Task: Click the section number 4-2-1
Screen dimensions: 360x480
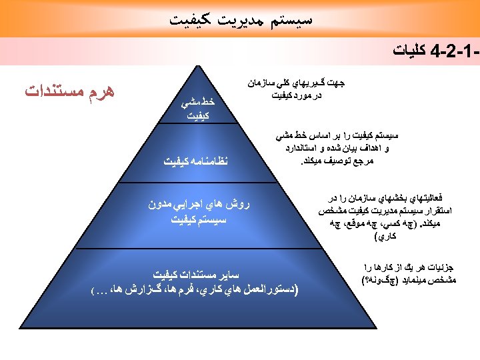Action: click(x=455, y=51)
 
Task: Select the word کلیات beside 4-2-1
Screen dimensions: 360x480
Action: click(x=409, y=51)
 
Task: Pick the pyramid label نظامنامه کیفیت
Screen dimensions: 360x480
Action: click(x=194, y=160)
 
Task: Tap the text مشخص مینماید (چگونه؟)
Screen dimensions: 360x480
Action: click(x=409, y=281)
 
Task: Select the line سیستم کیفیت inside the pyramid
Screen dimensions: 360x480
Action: click(x=194, y=218)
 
